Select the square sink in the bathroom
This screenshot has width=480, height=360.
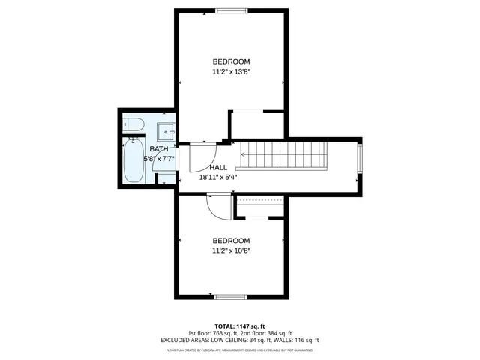point(166,131)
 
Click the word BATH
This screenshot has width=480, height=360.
point(158,149)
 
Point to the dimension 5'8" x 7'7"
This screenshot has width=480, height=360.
point(158,159)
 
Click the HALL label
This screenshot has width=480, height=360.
point(218,167)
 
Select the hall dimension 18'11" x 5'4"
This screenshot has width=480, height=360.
point(218,178)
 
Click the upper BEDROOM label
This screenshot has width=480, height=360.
point(231,61)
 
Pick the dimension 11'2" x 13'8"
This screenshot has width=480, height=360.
point(231,72)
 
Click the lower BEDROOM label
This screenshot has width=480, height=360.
point(231,240)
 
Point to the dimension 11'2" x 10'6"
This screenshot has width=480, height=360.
point(231,251)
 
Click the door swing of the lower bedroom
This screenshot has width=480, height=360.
point(220,206)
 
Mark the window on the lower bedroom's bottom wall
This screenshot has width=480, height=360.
point(231,297)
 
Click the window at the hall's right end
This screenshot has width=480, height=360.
point(358,160)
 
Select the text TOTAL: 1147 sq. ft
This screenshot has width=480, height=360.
point(240,325)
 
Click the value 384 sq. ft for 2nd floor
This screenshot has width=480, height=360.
point(279,333)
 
